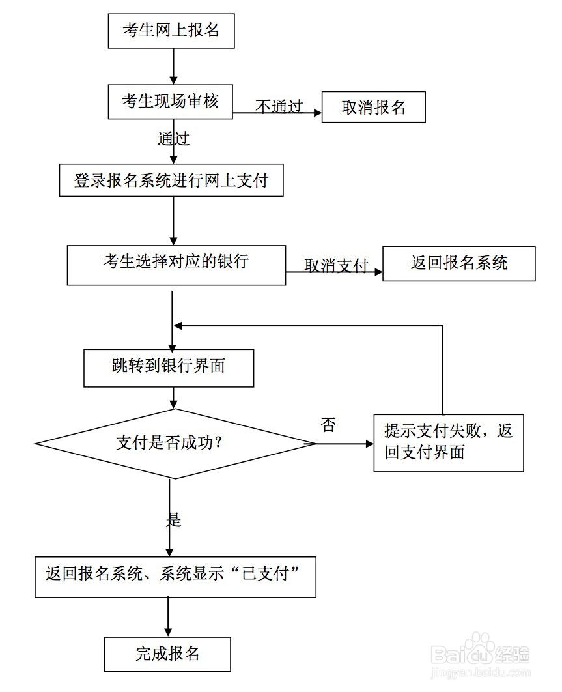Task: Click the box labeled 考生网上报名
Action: pyautogui.click(x=171, y=31)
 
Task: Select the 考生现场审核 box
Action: pyautogui.click(x=170, y=102)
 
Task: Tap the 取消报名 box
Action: pyautogui.click(x=373, y=108)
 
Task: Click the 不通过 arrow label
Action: pyautogui.click(x=279, y=106)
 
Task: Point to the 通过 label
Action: pyautogui.click(x=173, y=138)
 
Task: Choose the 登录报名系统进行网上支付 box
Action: pyautogui.click(x=171, y=180)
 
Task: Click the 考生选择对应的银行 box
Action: pyautogui.click(x=176, y=265)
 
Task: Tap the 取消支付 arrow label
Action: pyautogui.click(x=336, y=265)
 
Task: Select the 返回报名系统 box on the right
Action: pyautogui.click(x=458, y=263)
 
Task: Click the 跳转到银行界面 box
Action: pyautogui.click(x=169, y=368)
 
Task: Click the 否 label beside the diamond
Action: pyautogui.click(x=329, y=426)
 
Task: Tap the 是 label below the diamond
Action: pyautogui.click(x=173, y=519)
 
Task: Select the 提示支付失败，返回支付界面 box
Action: pyautogui.click(x=448, y=442)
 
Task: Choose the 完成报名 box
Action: pyautogui.click(x=167, y=654)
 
